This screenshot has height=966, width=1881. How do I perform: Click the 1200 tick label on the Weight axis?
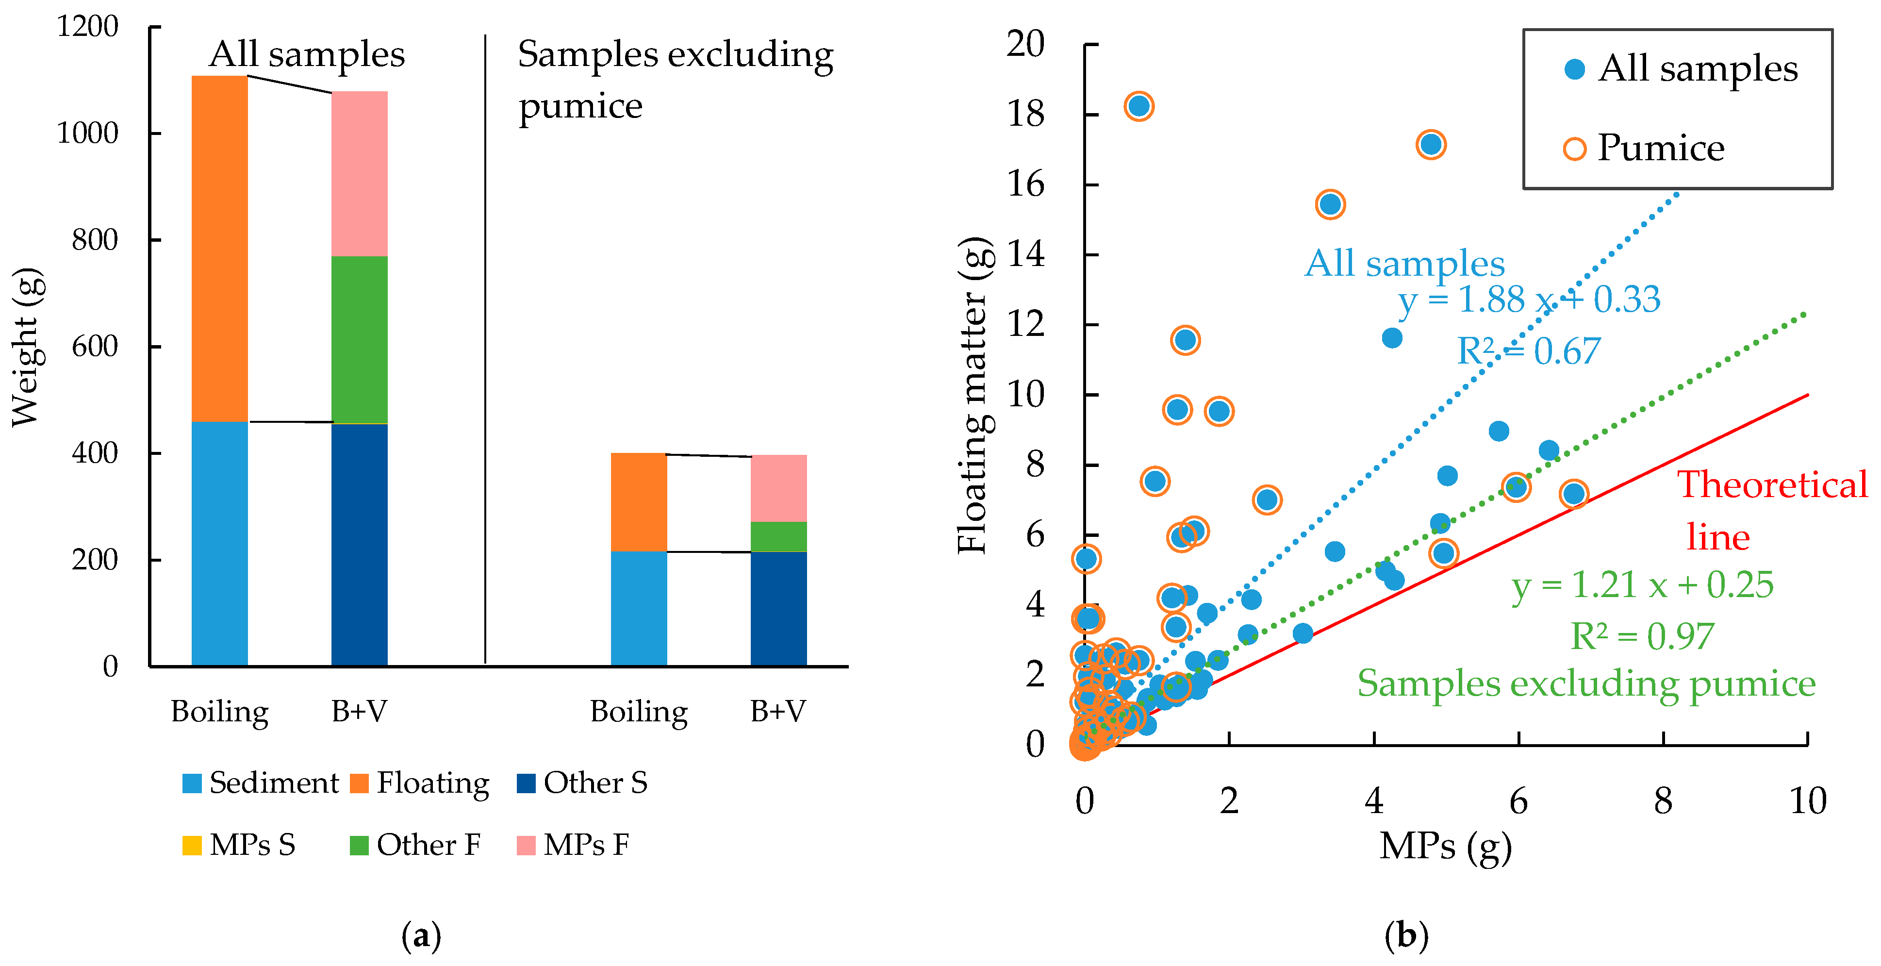[88, 27]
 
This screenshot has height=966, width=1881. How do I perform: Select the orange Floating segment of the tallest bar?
[220, 248]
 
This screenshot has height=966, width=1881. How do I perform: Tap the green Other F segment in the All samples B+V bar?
[359, 339]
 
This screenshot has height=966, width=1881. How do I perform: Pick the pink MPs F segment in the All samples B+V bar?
[359, 174]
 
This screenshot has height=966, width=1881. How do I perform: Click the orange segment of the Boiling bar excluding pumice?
[639, 502]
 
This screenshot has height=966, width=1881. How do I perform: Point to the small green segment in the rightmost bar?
[779, 537]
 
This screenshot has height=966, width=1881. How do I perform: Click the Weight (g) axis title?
[28, 347]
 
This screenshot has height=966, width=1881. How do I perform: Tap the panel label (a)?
[421, 936]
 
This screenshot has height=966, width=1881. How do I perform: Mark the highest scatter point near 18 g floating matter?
[1139, 106]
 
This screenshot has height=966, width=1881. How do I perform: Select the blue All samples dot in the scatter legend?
[1574, 69]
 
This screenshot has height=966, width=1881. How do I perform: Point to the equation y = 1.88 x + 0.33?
[1529, 300]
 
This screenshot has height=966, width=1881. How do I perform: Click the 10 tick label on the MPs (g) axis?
[1807, 801]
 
